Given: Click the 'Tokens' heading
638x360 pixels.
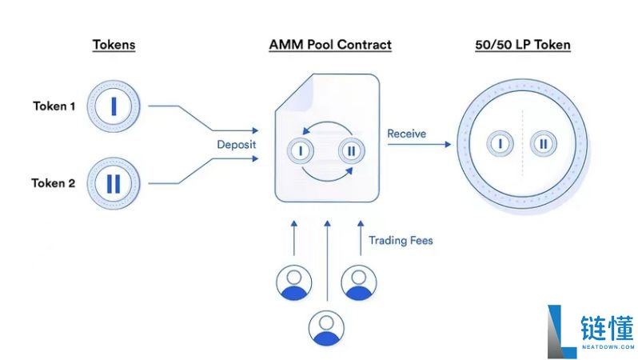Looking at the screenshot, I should (114, 45).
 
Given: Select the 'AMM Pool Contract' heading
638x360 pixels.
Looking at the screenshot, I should (330, 45).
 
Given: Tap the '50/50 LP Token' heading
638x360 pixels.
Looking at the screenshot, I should (522, 45).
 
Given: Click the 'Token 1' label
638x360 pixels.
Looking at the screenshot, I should (54, 106).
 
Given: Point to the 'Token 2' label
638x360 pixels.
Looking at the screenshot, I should (54, 183).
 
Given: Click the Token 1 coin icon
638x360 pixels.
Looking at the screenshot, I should (114, 106).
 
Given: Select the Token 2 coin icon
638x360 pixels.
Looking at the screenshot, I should (114, 183).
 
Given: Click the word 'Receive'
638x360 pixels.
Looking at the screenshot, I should (407, 134).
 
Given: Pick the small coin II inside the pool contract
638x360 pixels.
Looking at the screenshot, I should (352, 150).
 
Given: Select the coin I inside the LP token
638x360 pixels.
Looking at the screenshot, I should (500, 144).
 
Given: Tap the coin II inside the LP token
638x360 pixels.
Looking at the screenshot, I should (544, 144).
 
